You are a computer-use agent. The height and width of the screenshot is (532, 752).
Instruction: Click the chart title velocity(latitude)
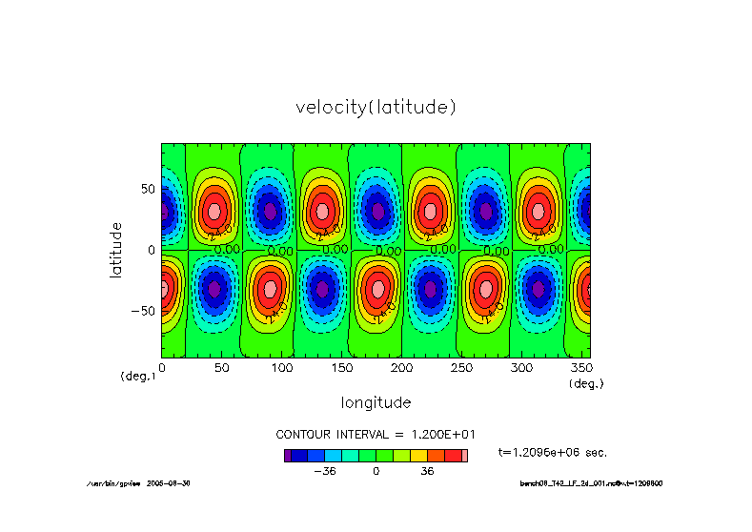376,108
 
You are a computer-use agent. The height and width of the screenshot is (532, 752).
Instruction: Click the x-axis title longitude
376,402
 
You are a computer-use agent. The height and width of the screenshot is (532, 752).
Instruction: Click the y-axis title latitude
116,250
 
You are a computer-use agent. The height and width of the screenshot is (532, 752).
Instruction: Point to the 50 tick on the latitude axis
148,189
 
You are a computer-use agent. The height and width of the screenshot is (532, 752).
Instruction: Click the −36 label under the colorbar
325,471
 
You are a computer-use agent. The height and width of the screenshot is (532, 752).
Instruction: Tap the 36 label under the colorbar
426,471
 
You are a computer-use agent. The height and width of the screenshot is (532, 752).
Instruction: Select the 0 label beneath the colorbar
376,471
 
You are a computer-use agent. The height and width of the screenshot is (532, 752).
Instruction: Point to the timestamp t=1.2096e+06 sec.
553,452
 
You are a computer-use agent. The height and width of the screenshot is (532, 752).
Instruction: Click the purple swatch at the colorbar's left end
287,456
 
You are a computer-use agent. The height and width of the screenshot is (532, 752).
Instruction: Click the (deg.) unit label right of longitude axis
586,383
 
